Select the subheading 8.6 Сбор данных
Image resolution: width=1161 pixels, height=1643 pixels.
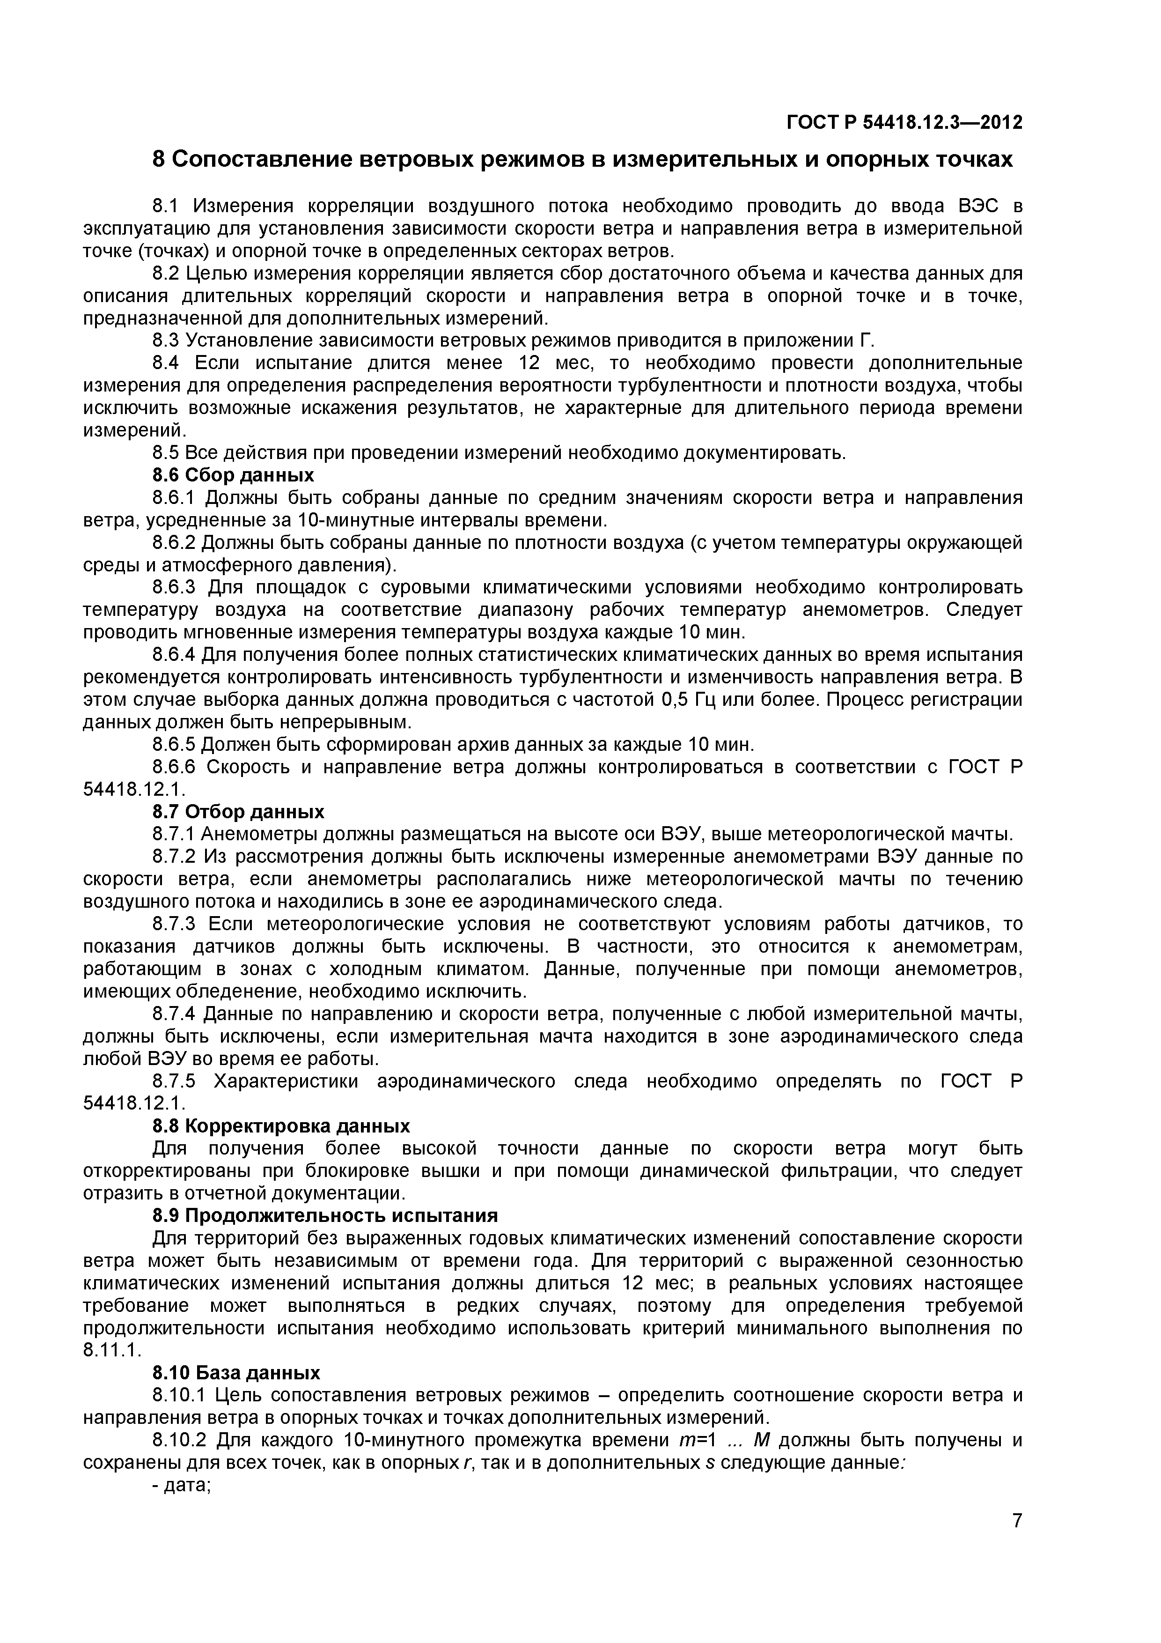233,475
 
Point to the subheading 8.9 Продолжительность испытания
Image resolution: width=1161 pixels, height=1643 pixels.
325,1216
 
